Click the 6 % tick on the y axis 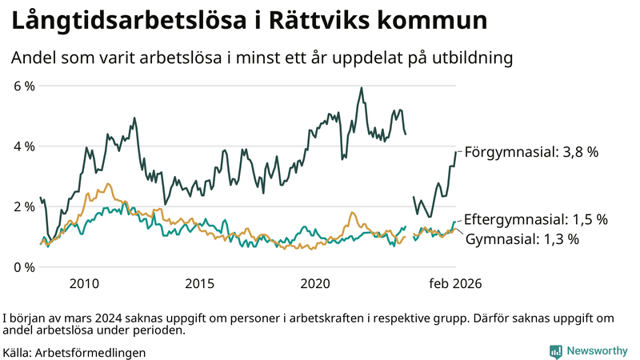[24, 86]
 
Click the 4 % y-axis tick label [24, 146]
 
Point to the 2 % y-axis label [24, 206]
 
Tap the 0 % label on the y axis [24, 266]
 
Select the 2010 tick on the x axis [84, 284]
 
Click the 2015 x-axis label [200, 284]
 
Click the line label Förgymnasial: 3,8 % [531, 151]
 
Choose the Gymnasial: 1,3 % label [522, 238]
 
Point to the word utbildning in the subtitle [467, 58]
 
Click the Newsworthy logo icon [555, 351]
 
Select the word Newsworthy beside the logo [597, 351]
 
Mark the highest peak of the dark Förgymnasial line [362, 88]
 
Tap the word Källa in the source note [17, 352]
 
